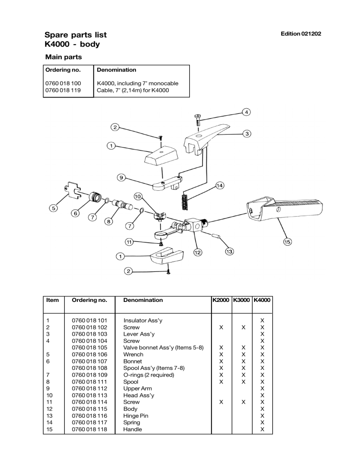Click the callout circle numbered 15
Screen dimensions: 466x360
point(287,242)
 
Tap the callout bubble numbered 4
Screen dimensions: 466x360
point(246,112)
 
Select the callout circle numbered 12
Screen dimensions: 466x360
point(198,253)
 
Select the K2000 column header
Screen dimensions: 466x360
point(221,300)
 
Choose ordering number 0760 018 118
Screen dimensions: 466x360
point(89,429)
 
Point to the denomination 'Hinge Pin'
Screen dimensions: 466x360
point(136,416)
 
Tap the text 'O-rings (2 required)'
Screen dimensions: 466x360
point(149,375)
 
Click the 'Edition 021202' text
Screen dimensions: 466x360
point(300,35)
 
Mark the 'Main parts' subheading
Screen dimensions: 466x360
point(63,57)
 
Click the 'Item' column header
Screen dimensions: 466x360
point(52,300)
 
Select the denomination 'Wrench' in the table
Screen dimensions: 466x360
point(133,355)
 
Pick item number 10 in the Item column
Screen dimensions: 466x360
point(49,395)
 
